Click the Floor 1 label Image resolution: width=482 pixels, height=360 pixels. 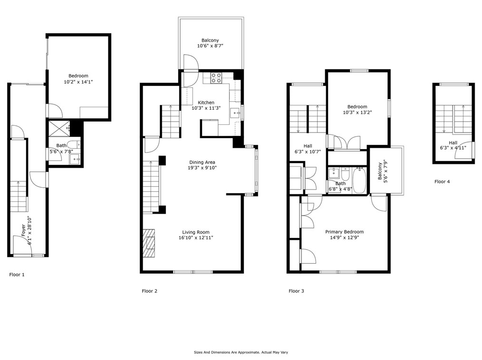(x=17, y=275)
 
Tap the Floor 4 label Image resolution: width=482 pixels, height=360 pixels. (x=442, y=181)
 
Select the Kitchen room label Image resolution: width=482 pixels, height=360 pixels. (x=206, y=103)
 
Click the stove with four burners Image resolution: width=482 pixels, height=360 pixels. (x=216, y=78)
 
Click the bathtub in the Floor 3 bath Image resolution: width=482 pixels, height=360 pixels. (x=358, y=180)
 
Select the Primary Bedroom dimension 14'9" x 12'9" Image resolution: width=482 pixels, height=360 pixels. (x=344, y=237)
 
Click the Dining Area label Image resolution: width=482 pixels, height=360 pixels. (x=202, y=162)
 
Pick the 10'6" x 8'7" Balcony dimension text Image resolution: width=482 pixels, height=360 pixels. (x=210, y=46)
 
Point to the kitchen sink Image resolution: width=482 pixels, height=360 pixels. (x=236, y=114)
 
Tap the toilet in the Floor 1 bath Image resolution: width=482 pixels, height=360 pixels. (x=73, y=144)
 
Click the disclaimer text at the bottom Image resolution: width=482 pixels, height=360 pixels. (x=241, y=352)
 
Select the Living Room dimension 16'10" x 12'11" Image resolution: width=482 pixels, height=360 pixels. (x=196, y=238)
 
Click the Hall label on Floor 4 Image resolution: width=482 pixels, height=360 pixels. (x=453, y=142)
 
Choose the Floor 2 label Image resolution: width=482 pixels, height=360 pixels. (x=149, y=291)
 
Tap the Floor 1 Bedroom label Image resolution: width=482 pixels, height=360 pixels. (x=78, y=76)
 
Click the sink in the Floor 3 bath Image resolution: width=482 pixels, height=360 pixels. (x=334, y=173)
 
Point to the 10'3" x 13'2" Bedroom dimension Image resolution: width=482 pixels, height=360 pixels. (x=357, y=113)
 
